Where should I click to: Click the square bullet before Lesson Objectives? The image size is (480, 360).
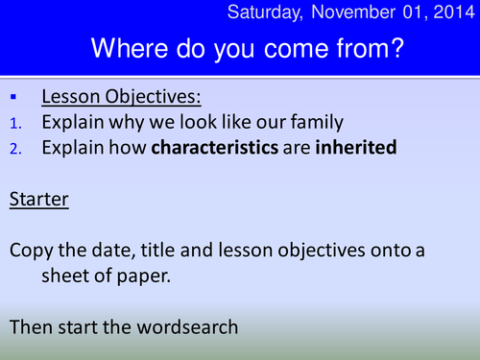click(x=13, y=98)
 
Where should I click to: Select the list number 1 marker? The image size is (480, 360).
click(x=14, y=123)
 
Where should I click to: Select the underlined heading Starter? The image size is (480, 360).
click(x=37, y=200)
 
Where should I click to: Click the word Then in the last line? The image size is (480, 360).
click(x=32, y=325)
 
